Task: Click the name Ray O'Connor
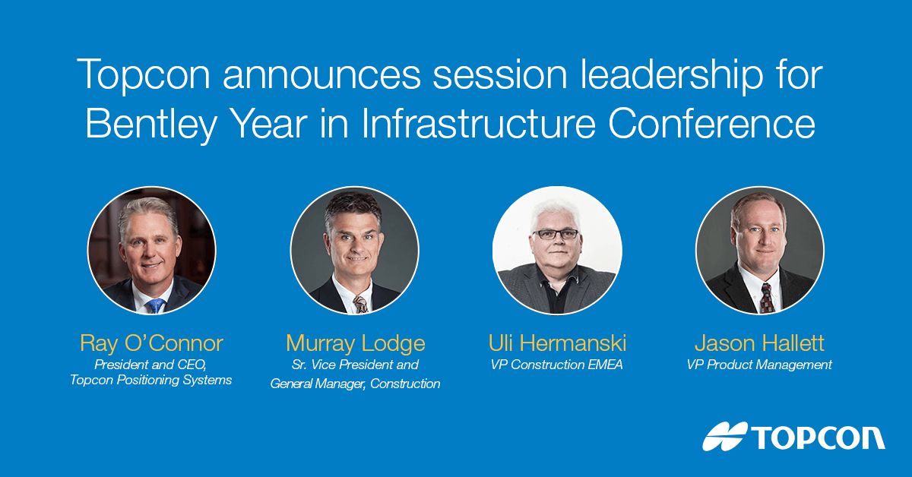click(x=151, y=343)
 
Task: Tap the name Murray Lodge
click(x=356, y=343)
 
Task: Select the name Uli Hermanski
click(x=557, y=343)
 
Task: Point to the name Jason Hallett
click(x=759, y=343)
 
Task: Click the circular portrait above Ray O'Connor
click(x=152, y=251)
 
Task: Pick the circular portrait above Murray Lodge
click(x=355, y=251)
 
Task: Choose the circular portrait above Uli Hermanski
click(x=557, y=251)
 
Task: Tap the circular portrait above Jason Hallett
click(x=760, y=251)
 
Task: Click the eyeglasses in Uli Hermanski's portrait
click(x=556, y=234)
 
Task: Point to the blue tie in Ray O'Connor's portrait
click(x=156, y=305)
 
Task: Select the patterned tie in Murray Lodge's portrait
click(x=361, y=305)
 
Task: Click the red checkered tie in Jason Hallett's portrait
click(x=767, y=299)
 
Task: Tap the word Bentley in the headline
click(x=151, y=123)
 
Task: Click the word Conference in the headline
click(x=711, y=123)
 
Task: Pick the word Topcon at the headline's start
click(x=144, y=74)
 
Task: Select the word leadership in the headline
click(x=672, y=74)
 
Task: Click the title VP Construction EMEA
click(x=556, y=365)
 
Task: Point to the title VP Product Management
click(x=759, y=365)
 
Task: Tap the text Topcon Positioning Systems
click(x=151, y=380)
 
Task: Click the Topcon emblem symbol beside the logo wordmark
click(x=725, y=436)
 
